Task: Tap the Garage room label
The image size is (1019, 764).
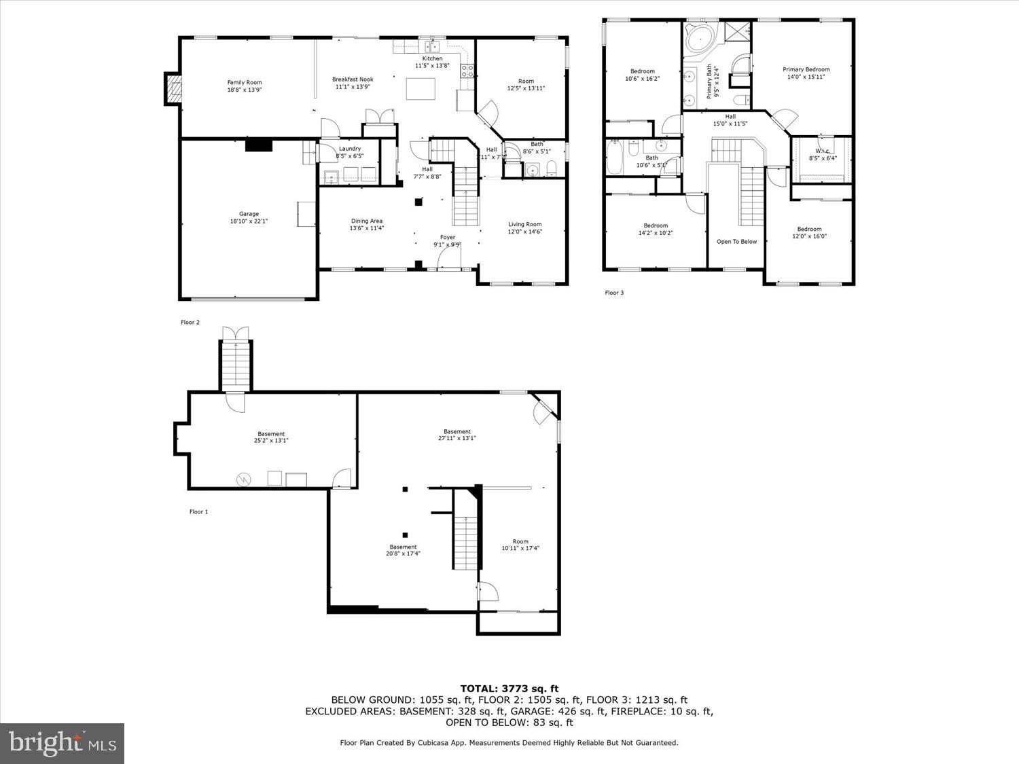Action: point(249,214)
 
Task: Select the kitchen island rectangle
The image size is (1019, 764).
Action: point(421,89)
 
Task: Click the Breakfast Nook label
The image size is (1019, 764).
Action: point(353,79)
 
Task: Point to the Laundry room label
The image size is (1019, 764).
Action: point(350,149)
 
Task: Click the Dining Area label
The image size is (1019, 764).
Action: point(366,221)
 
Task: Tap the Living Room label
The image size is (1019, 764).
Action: point(525,224)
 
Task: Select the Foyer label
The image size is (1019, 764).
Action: point(447,237)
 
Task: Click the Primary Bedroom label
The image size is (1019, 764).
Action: point(806,69)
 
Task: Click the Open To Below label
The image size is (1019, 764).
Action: point(736,241)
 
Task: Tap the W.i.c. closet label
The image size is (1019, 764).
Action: point(823,151)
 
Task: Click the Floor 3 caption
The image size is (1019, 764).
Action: point(614,293)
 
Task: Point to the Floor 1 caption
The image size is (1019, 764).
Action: point(198,511)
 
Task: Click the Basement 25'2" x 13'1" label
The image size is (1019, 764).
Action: point(271,437)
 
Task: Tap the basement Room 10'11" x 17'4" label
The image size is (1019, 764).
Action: point(520,545)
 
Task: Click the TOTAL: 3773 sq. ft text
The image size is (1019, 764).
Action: point(509,689)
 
